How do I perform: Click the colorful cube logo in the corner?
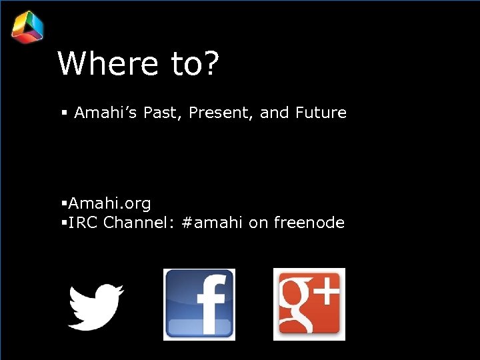[27, 27]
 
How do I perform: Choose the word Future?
[322, 113]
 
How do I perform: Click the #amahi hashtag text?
[212, 223]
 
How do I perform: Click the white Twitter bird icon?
[96, 305]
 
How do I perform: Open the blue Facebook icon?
[199, 305]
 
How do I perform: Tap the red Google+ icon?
[309, 304]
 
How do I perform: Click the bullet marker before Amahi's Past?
[64, 114]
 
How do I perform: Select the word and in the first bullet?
[274, 113]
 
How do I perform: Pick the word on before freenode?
[258, 223]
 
